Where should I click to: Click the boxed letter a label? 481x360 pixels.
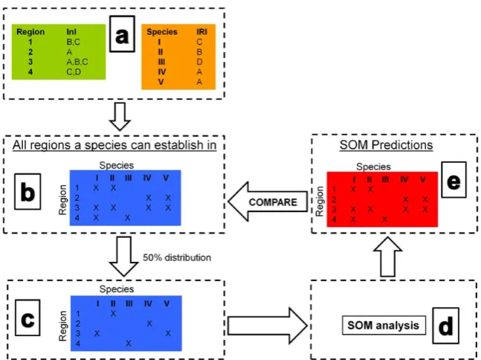click(122, 33)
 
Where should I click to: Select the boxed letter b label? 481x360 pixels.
click(28, 191)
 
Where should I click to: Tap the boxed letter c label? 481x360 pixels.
click(28, 318)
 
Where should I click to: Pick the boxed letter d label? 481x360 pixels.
click(446, 326)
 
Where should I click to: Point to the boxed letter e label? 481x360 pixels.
click(453, 179)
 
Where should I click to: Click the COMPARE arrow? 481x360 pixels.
click(268, 202)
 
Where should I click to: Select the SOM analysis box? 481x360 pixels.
click(384, 325)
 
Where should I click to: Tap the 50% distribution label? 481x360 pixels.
click(177, 257)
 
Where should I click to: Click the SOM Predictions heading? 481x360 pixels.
click(386, 145)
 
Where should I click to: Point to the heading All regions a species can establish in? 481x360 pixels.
click(114, 145)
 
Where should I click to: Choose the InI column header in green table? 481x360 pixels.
click(71, 31)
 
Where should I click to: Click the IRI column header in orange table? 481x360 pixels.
click(201, 31)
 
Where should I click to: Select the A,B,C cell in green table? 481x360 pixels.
click(77, 62)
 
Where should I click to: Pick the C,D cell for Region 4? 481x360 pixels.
click(74, 72)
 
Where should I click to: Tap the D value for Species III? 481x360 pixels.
click(199, 62)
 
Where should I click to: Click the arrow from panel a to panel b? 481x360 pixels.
click(120, 116)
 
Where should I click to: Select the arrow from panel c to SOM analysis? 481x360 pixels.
click(268, 325)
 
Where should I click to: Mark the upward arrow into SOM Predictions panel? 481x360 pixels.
click(387, 257)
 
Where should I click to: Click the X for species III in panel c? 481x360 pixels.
click(129, 343)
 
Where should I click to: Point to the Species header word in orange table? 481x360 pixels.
click(162, 31)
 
